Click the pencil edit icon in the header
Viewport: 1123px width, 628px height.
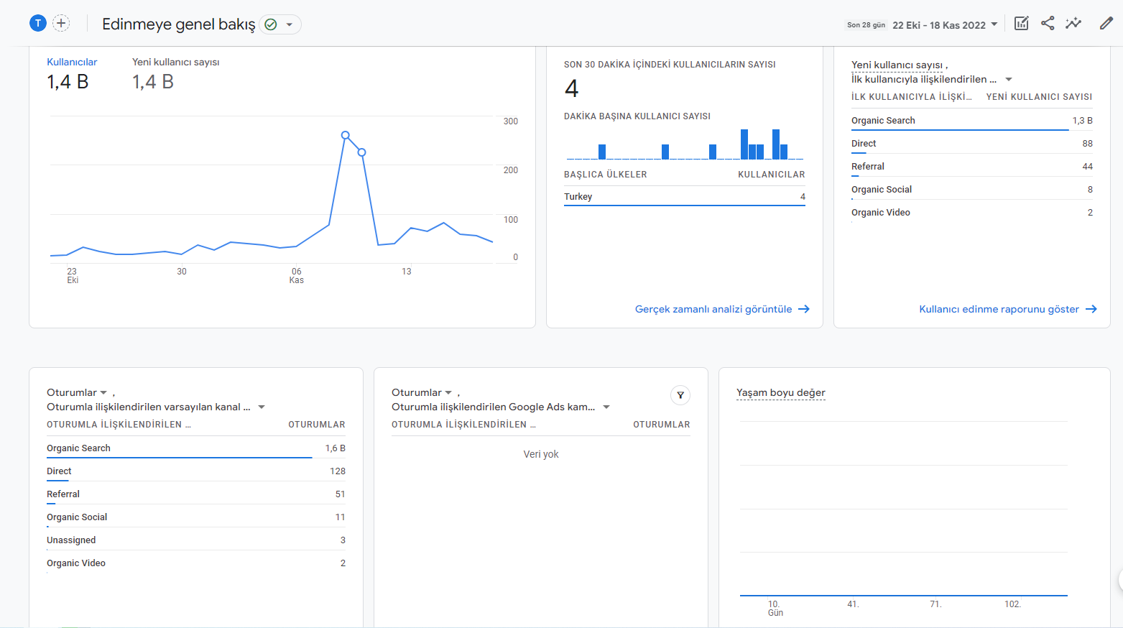1106,24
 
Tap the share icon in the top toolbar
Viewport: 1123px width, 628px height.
1048,24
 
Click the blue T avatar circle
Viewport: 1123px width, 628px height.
37,23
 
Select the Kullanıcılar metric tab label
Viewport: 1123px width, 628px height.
72,62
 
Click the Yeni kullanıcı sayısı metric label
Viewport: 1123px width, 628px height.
175,62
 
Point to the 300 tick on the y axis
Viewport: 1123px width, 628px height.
510,121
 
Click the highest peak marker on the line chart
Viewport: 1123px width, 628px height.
345,135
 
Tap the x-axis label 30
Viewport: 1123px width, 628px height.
182,271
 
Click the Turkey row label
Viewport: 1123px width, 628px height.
578,196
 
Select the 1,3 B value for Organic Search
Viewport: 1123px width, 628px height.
1082,120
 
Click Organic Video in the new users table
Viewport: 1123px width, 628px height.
880,213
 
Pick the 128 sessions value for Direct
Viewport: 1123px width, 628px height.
338,471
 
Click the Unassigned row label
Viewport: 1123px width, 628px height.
71,540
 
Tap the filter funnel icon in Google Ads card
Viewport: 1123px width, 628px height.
680,395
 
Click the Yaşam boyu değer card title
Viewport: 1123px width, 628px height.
780,392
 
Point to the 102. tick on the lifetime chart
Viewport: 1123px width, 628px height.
1012,604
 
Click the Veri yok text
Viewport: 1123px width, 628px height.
541,454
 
